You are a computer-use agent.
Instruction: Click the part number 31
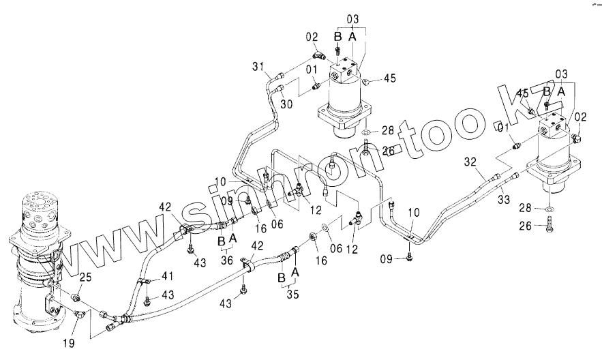click(x=256, y=65)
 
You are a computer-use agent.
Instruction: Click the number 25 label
click(x=85, y=276)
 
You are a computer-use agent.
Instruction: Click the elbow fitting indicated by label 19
click(x=80, y=314)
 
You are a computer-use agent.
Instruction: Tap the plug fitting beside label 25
click(x=76, y=298)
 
